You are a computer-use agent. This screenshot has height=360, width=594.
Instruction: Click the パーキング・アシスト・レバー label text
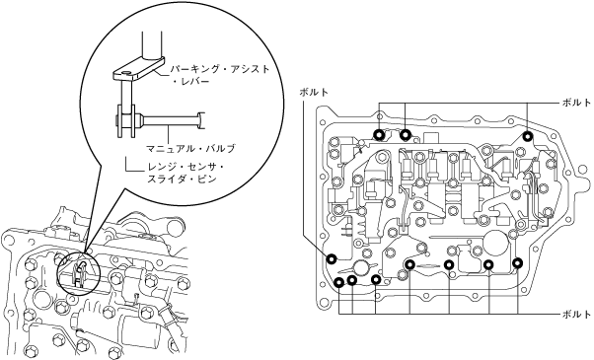pyautogui.click(x=220, y=75)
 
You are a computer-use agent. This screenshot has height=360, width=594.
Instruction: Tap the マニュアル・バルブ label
pyautogui.click(x=190, y=148)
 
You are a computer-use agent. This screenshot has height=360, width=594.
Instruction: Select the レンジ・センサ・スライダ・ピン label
pyautogui.click(x=186, y=173)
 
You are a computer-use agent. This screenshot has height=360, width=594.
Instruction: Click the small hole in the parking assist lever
pyautogui.click(x=126, y=72)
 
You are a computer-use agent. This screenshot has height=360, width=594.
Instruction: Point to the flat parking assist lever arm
pyautogui.click(x=138, y=68)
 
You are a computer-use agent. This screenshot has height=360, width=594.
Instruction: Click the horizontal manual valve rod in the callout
pyautogui.click(x=171, y=120)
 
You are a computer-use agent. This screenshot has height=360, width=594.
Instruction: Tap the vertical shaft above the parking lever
pyautogui.click(x=152, y=44)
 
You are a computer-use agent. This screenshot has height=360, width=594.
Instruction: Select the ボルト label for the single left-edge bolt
pyautogui.click(x=314, y=92)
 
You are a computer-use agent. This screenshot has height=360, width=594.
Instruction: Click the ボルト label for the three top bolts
pyautogui.click(x=576, y=103)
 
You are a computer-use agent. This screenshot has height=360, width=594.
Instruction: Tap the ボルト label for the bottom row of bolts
pyautogui.click(x=576, y=314)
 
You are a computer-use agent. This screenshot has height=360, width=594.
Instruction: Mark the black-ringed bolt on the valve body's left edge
pyautogui.click(x=332, y=258)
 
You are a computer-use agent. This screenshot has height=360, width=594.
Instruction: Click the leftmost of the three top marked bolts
pyautogui.click(x=379, y=135)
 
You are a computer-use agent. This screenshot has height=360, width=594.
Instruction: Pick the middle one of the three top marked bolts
pyautogui.click(x=406, y=135)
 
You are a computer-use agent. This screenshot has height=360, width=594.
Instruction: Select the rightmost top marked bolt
pyautogui.click(x=527, y=136)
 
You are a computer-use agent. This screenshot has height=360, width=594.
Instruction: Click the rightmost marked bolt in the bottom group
pyautogui.click(x=517, y=262)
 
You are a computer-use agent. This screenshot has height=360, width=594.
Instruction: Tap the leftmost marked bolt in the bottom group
pyautogui.click(x=339, y=282)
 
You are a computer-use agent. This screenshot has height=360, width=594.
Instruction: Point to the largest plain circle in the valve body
pyautogui.click(x=495, y=243)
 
